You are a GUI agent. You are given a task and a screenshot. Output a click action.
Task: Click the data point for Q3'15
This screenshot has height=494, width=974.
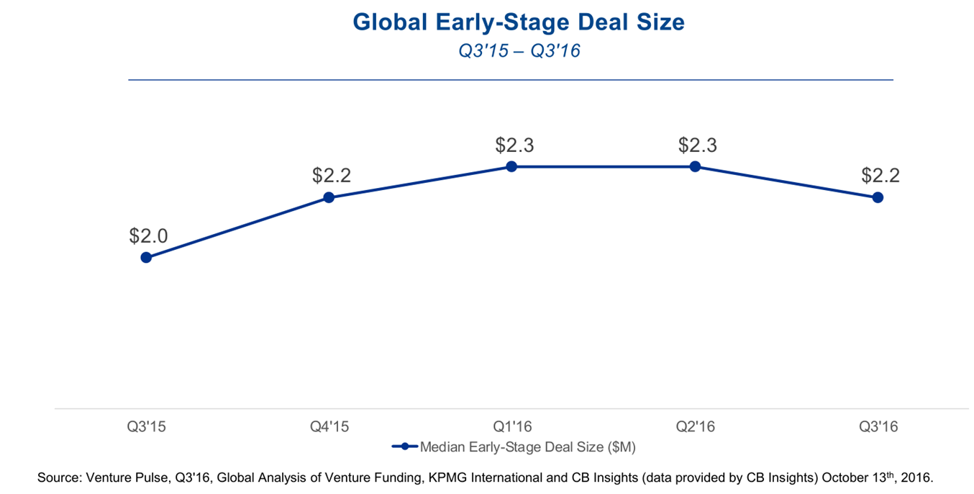(x=146, y=257)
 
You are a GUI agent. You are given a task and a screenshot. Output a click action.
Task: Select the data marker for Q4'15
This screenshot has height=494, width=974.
(x=329, y=197)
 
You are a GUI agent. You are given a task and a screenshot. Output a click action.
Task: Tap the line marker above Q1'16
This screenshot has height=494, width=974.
(x=511, y=166)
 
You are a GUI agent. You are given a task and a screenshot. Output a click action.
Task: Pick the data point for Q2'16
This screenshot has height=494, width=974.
(x=695, y=166)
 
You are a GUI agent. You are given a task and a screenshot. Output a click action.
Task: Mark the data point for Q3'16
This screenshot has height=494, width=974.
(x=878, y=197)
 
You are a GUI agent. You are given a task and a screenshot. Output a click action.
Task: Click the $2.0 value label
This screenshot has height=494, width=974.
(x=148, y=235)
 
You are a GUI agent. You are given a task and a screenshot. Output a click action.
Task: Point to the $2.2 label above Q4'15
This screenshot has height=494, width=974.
(x=332, y=175)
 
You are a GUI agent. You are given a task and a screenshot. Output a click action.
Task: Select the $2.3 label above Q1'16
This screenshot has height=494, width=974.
(x=514, y=145)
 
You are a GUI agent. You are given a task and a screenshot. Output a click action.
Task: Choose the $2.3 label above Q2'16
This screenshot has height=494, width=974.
(x=697, y=145)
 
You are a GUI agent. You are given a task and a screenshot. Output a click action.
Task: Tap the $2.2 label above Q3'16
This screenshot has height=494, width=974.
(x=880, y=175)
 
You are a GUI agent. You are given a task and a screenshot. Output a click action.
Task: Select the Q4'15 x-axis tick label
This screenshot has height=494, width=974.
(x=329, y=427)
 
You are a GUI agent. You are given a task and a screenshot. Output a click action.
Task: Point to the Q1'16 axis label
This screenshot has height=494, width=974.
(x=512, y=427)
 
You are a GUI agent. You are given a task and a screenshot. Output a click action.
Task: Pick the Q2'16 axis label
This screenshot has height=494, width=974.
(x=695, y=427)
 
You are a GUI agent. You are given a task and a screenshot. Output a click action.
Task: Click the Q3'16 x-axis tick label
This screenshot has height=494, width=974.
(x=878, y=427)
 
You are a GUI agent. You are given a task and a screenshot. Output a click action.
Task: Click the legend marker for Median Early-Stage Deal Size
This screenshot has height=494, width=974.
(x=404, y=447)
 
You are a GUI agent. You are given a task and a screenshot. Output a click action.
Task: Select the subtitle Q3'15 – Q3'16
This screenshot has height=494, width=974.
(x=519, y=51)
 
